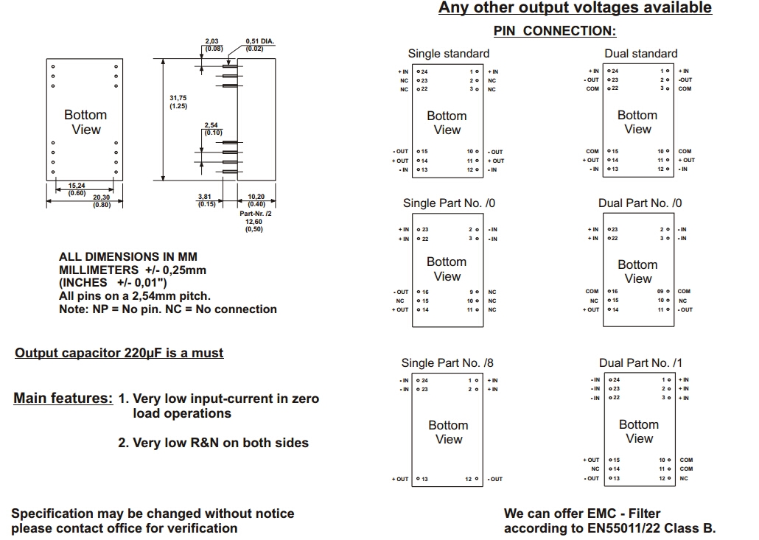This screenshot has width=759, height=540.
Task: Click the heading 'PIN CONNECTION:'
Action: click(x=554, y=31)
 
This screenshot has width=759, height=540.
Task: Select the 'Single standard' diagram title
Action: click(x=448, y=54)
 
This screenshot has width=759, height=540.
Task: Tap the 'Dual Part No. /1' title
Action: click(x=640, y=362)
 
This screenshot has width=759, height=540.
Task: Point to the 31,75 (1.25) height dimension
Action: click(x=178, y=102)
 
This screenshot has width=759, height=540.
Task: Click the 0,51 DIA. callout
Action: click(x=259, y=45)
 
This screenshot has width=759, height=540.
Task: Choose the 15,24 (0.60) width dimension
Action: click(x=77, y=189)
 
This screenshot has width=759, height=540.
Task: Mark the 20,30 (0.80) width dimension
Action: click(x=102, y=201)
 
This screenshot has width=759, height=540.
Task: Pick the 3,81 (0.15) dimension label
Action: click(x=206, y=200)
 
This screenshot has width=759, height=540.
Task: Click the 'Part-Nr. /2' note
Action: click(x=256, y=214)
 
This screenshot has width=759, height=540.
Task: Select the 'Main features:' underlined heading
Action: click(x=63, y=399)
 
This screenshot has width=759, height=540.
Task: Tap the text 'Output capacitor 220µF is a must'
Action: click(x=119, y=353)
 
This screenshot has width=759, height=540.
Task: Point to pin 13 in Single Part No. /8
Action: click(x=423, y=480)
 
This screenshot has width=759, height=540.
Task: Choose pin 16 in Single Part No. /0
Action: click(x=423, y=292)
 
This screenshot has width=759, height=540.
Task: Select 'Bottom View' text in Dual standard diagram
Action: click(x=637, y=122)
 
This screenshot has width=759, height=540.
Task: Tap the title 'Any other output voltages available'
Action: click(x=575, y=8)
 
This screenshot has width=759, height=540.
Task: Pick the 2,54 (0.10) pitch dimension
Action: click(x=212, y=129)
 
